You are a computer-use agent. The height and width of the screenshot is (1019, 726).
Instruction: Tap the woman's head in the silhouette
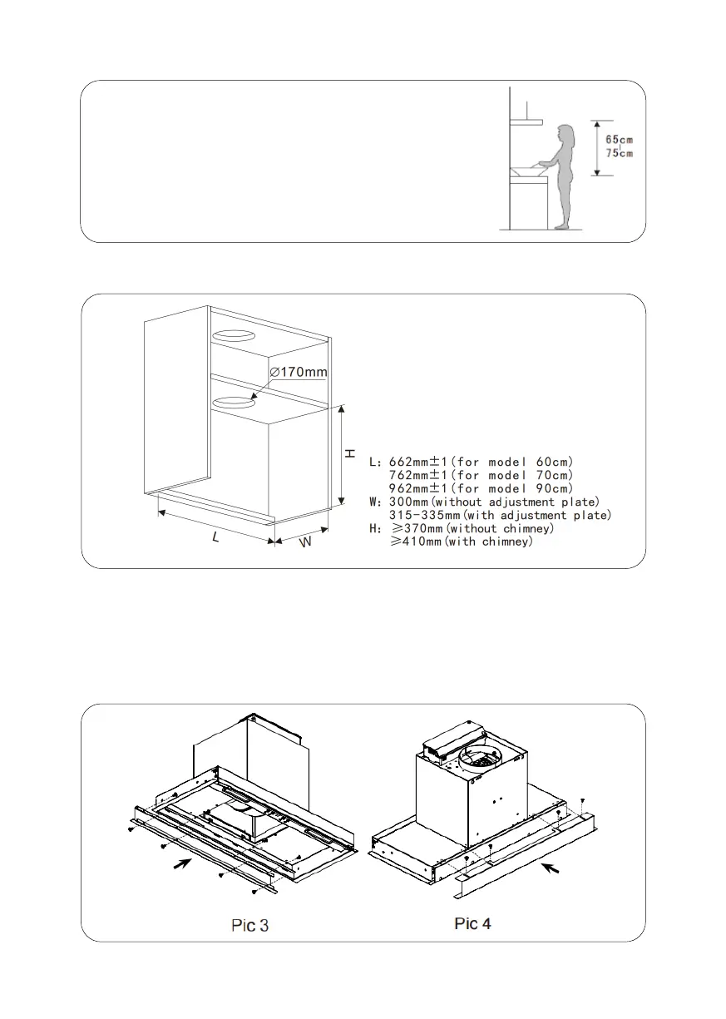tap(567, 135)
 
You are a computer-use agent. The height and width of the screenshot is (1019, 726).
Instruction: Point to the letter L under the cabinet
tap(215, 538)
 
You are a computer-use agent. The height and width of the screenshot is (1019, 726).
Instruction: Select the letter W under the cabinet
tap(305, 543)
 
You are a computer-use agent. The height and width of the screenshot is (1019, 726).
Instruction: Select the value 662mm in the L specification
tap(414, 462)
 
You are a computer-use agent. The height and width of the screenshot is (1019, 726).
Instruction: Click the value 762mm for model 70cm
tap(414, 475)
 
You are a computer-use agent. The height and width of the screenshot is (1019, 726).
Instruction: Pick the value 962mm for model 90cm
tap(414, 488)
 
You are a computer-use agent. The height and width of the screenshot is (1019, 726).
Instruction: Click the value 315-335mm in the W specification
tap(424, 516)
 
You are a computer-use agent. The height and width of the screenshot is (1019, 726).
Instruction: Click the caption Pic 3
tap(249, 925)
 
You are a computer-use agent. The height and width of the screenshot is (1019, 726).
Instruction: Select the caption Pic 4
tap(472, 923)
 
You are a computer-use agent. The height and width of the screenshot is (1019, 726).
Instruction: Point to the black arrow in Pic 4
tap(550, 869)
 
